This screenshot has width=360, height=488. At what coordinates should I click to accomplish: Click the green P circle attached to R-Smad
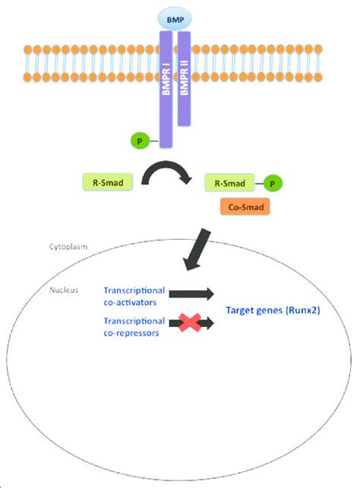[x=273, y=183]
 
